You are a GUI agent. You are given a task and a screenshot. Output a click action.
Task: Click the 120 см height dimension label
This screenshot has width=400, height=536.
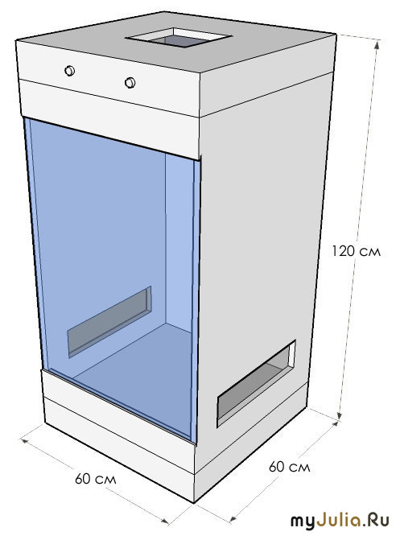coord(356,251)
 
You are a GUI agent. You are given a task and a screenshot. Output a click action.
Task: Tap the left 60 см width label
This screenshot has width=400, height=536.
coord(96,479)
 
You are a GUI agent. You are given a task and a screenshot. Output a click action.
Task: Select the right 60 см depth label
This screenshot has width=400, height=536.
coord(289,467)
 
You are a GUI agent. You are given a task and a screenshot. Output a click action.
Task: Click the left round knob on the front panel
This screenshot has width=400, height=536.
coord(70,71)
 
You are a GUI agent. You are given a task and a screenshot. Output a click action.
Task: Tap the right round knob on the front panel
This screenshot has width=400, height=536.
coord(130,83)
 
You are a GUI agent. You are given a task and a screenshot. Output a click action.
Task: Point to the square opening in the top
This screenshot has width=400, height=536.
coord(179,38)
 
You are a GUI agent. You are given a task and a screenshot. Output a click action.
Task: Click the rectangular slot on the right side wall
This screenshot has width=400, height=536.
coord(257,384)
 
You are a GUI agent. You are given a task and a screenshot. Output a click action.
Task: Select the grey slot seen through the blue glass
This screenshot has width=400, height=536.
coord(109,322)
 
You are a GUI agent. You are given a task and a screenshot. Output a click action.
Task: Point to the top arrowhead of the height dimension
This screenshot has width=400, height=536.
coord(377,43)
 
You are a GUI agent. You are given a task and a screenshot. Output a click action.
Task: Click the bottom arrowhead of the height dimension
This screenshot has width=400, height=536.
coord(340,414)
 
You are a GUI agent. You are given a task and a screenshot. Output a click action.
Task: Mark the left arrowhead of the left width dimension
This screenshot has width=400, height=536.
coord(25,440)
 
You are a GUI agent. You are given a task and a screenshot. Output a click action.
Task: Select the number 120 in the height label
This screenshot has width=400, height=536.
coord(343,251)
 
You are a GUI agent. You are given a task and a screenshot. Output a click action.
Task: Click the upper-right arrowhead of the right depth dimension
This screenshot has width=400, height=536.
coord(336,424)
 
